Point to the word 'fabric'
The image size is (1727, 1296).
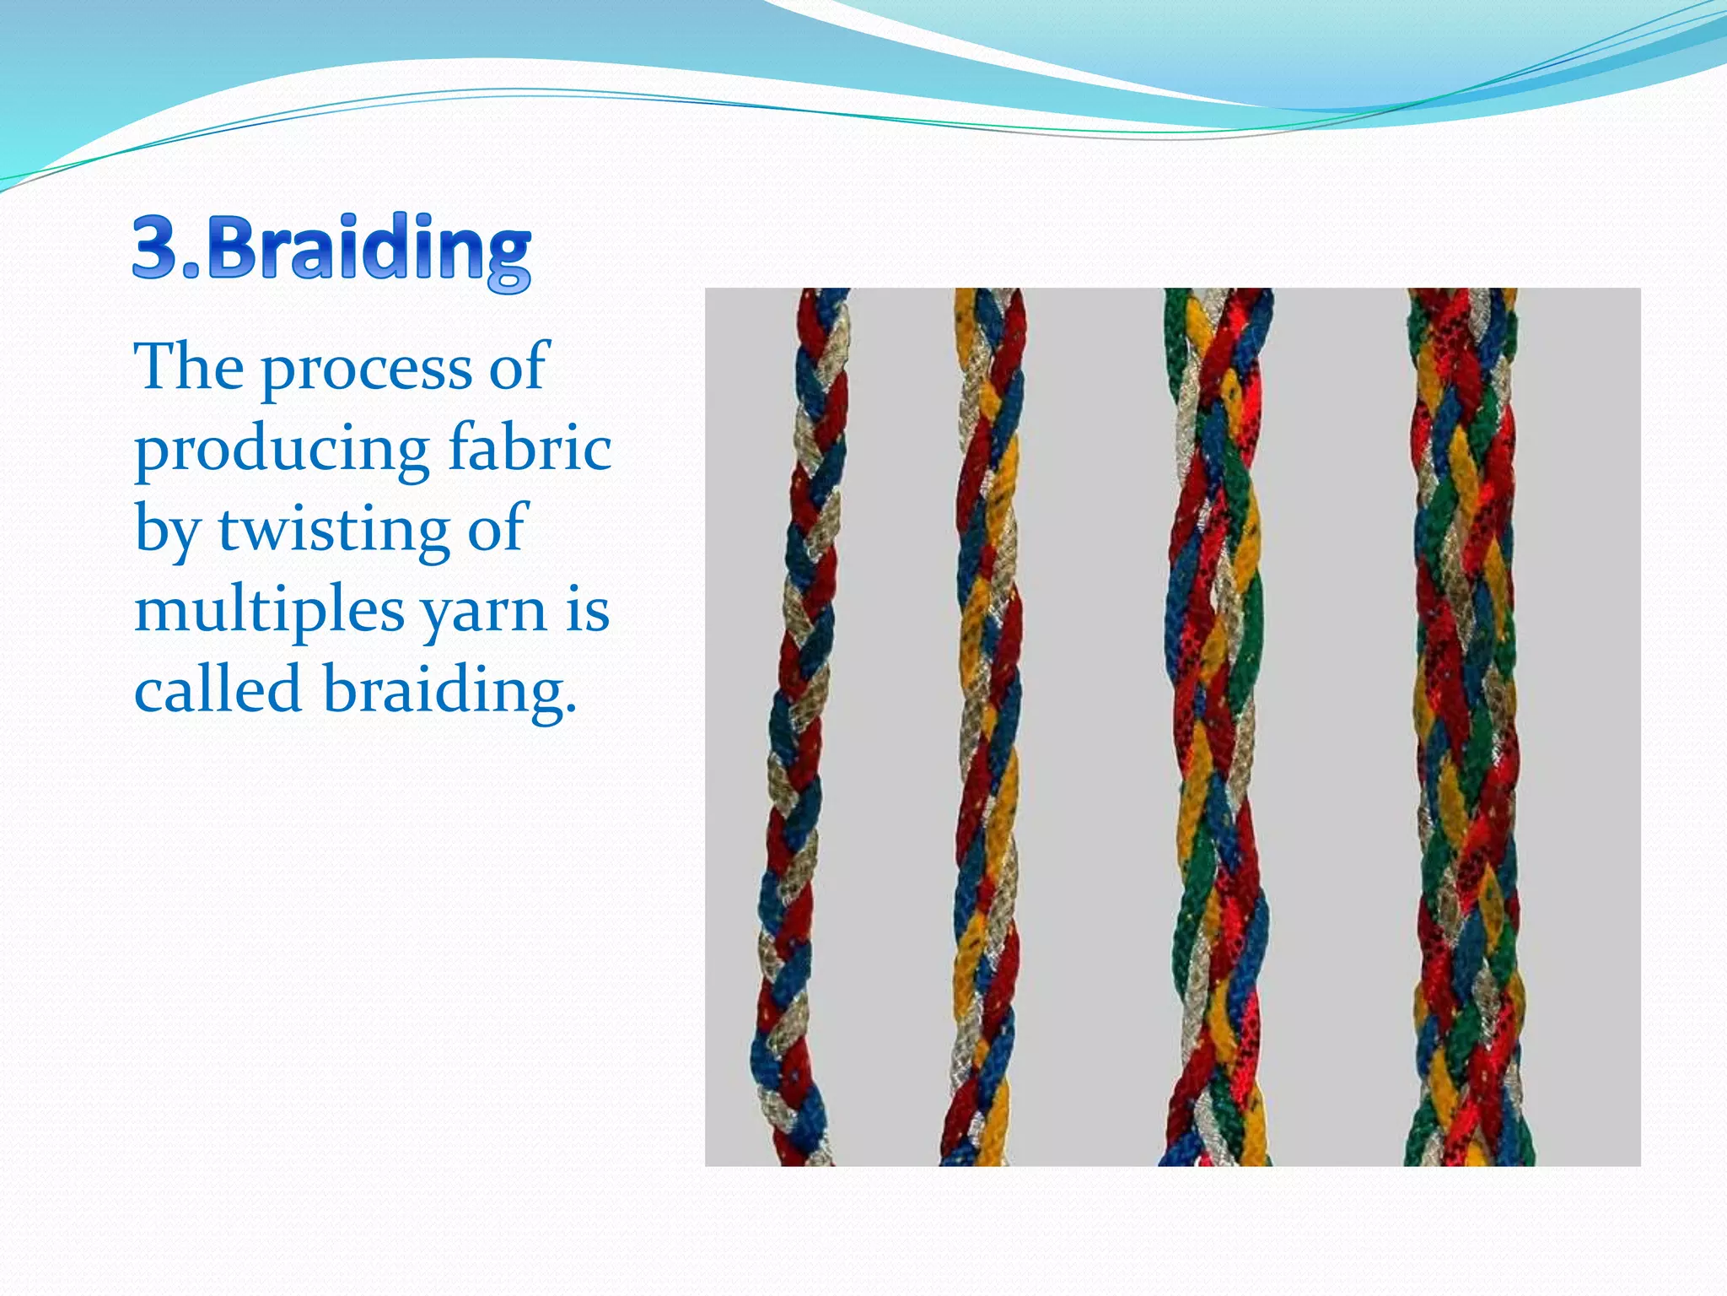(530, 447)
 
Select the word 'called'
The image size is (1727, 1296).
(218, 688)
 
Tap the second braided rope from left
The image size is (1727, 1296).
(987, 726)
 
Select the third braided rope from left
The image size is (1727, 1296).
(1214, 726)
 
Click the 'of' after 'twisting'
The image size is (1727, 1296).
(498, 528)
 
